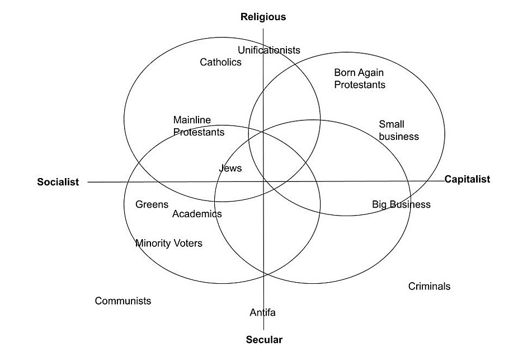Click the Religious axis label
click(263, 17)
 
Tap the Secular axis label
click(264, 340)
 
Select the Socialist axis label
click(58, 182)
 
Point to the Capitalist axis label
click(467, 179)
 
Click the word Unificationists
click(268, 50)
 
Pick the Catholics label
click(220, 62)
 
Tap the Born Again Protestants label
click(360, 78)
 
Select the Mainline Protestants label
click(199, 126)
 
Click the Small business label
click(398, 130)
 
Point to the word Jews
click(230, 168)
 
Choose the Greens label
click(152, 205)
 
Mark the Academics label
click(197, 214)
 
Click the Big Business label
click(401, 204)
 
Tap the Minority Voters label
click(169, 244)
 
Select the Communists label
click(122, 301)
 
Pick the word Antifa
click(262, 312)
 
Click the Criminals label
click(429, 287)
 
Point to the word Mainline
click(192, 120)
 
